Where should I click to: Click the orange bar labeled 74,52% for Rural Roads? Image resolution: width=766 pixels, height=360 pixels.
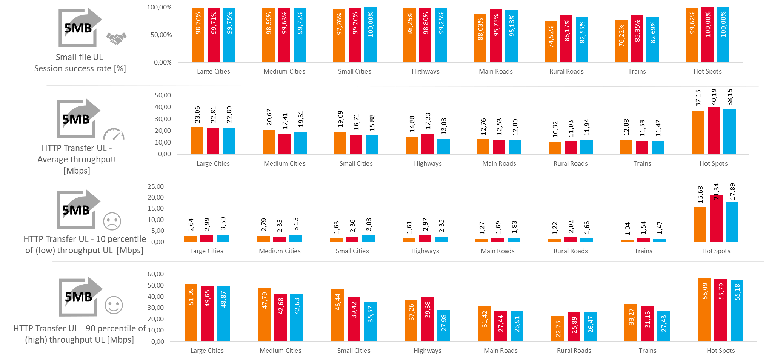pyautogui.click(x=551, y=42)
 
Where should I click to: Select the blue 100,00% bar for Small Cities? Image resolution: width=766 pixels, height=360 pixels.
pyautogui.click(x=370, y=35)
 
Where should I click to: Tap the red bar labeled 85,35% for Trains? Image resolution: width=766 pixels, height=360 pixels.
pyautogui.click(x=637, y=38)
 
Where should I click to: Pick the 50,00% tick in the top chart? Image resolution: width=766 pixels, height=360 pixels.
pyautogui.click(x=161, y=35)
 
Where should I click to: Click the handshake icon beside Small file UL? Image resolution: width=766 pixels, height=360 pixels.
pyautogui.click(x=116, y=38)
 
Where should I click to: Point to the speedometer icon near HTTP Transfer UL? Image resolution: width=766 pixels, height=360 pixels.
pyautogui.click(x=114, y=134)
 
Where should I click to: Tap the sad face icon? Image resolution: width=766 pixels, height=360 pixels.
pyautogui.click(x=112, y=221)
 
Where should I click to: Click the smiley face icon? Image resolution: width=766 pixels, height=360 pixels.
pyautogui.click(x=114, y=305)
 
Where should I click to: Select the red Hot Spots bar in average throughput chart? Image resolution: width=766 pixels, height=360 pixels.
pyautogui.click(x=714, y=131)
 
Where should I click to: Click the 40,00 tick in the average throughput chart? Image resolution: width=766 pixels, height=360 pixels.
pyautogui.click(x=163, y=107)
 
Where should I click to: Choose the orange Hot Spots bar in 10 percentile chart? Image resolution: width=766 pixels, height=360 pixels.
pyautogui.click(x=700, y=224)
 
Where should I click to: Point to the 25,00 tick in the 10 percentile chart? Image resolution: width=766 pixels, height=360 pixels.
pyautogui.click(x=156, y=186)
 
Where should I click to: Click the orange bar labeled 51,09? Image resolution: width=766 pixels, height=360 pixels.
pyautogui.click(x=191, y=312)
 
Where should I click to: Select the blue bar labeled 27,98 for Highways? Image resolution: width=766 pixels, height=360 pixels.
pyautogui.click(x=443, y=326)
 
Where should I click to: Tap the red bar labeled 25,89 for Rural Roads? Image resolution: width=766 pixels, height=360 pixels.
pyautogui.click(x=574, y=327)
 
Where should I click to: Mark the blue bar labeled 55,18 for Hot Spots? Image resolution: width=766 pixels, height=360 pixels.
pyautogui.click(x=737, y=310)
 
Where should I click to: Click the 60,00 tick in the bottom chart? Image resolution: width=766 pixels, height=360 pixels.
pyautogui.click(x=156, y=274)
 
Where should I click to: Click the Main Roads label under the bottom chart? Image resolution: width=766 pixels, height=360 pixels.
pyautogui.click(x=501, y=351)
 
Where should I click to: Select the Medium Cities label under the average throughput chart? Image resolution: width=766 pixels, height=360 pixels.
pyautogui.click(x=285, y=163)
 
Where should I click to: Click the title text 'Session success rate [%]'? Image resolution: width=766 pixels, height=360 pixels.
pyautogui.click(x=80, y=68)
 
